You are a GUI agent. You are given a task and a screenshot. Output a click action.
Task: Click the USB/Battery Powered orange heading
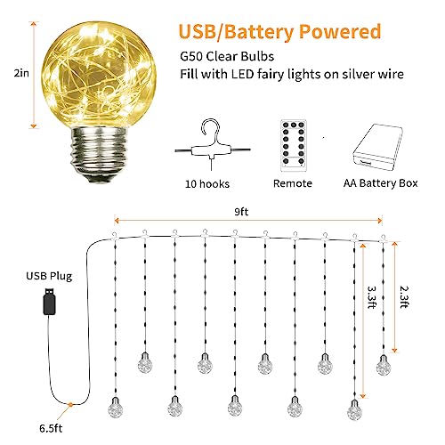click(x=279, y=32)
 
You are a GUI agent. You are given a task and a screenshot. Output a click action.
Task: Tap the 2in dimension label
click(x=21, y=73)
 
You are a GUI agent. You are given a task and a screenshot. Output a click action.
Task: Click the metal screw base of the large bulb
click(x=98, y=154)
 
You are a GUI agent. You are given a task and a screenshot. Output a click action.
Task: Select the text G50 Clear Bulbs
click(x=227, y=56)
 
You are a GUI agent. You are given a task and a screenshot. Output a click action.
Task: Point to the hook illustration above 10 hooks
click(x=212, y=144)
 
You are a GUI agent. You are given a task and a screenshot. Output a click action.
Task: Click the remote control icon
click(x=294, y=145)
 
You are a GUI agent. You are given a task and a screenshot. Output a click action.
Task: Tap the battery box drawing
click(x=377, y=147)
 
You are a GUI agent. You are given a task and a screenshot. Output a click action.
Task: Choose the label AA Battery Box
click(x=381, y=183)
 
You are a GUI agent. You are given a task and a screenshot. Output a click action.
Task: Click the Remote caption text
click(x=293, y=183)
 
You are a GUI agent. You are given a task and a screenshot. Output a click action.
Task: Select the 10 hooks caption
click(x=207, y=184)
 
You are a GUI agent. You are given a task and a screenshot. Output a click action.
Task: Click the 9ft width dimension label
click(x=241, y=212)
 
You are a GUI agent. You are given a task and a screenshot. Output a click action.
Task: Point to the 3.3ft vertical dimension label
click(x=372, y=297)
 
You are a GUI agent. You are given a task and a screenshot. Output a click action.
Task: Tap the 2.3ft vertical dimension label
click(x=404, y=297)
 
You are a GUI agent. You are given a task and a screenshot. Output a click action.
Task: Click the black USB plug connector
click(x=49, y=301)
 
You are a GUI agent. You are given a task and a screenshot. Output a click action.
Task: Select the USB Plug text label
click(x=49, y=276)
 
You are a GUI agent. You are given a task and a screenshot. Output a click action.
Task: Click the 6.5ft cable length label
click(x=51, y=428)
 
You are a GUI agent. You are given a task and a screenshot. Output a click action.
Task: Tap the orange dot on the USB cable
click(x=70, y=404)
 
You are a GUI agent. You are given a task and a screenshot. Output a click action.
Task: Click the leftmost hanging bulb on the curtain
click(x=115, y=407)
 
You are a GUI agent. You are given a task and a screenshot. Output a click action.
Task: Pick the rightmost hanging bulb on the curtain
click(x=384, y=365)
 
